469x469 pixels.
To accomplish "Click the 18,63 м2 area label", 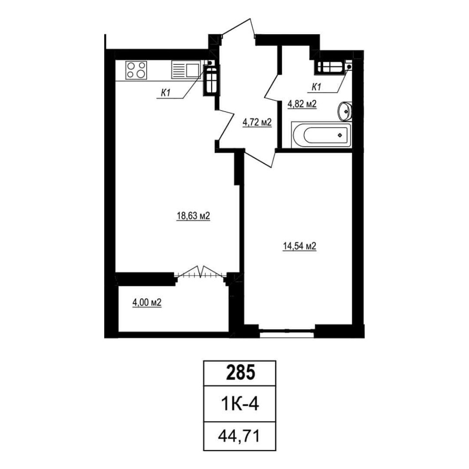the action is point(193,216).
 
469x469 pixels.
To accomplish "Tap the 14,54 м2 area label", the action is point(299,246).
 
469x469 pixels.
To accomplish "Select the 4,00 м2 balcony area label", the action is point(147,303).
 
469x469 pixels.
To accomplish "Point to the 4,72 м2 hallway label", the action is point(257,122).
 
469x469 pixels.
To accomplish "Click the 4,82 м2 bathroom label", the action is point(302,104).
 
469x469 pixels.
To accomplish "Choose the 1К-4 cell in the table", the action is point(240,404).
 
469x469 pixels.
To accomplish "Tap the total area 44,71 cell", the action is point(239,436).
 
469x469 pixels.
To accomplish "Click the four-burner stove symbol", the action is point(136,70).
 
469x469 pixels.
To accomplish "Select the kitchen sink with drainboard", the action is point(185,70).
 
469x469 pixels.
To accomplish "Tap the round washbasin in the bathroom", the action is point(345,111).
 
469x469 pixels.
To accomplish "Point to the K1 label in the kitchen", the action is point(166,93).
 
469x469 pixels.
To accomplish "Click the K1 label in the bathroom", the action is point(316,87).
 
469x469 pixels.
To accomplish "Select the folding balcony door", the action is point(201,272).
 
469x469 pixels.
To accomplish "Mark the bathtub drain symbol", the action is point(340,135).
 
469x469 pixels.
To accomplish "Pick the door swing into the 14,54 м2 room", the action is point(259,159).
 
